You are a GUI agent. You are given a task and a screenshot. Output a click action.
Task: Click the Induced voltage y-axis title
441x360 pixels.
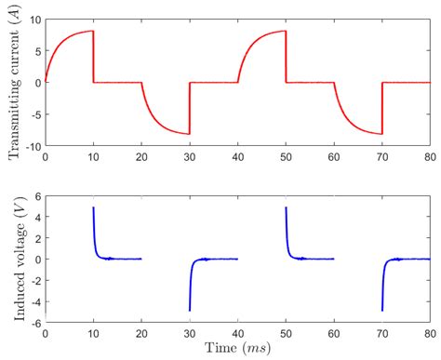point(13,260)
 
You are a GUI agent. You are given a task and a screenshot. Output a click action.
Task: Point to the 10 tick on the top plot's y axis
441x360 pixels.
point(33,19)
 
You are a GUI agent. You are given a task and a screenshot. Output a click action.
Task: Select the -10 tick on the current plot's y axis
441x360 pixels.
point(30,146)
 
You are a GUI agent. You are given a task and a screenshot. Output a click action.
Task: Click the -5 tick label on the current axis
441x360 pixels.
point(33,114)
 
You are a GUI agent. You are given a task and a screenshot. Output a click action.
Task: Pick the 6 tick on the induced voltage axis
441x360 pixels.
point(35,196)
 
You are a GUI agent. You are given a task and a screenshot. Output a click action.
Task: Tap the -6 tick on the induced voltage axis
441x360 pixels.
point(33,322)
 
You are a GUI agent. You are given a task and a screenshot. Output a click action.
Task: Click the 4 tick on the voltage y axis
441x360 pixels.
point(35,217)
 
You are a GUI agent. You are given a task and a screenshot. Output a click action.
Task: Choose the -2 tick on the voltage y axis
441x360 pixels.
point(33,280)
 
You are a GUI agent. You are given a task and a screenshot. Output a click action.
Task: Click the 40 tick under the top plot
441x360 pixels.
point(237,157)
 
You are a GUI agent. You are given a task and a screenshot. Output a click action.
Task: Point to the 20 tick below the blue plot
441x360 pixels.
point(141,333)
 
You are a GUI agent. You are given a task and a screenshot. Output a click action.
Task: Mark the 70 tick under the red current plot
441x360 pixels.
point(381,157)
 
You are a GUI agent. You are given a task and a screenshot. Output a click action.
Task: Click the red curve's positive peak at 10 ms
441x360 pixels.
point(92,32)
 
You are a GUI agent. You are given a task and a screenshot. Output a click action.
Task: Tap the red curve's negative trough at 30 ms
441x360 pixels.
point(189,134)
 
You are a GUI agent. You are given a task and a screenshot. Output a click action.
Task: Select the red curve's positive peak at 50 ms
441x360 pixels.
point(285,32)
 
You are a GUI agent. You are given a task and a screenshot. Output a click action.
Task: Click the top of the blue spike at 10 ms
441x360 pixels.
point(93,207)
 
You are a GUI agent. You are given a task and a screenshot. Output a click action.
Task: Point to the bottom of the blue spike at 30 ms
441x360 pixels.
point(189,310)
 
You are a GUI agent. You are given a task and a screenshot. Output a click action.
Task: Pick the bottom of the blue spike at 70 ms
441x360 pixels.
point(381,310)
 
